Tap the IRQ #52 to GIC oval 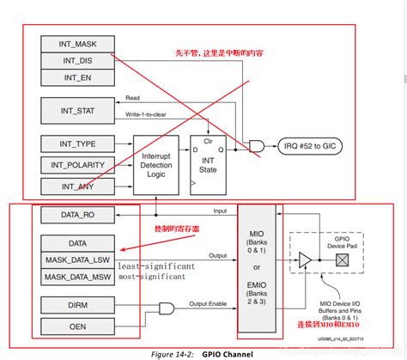pyautogui.click(x=313, y=146)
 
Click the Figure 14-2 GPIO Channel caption pyautogui.click(x=203, y=352)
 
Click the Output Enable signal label pyautogui.click(x=211, y=303)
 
